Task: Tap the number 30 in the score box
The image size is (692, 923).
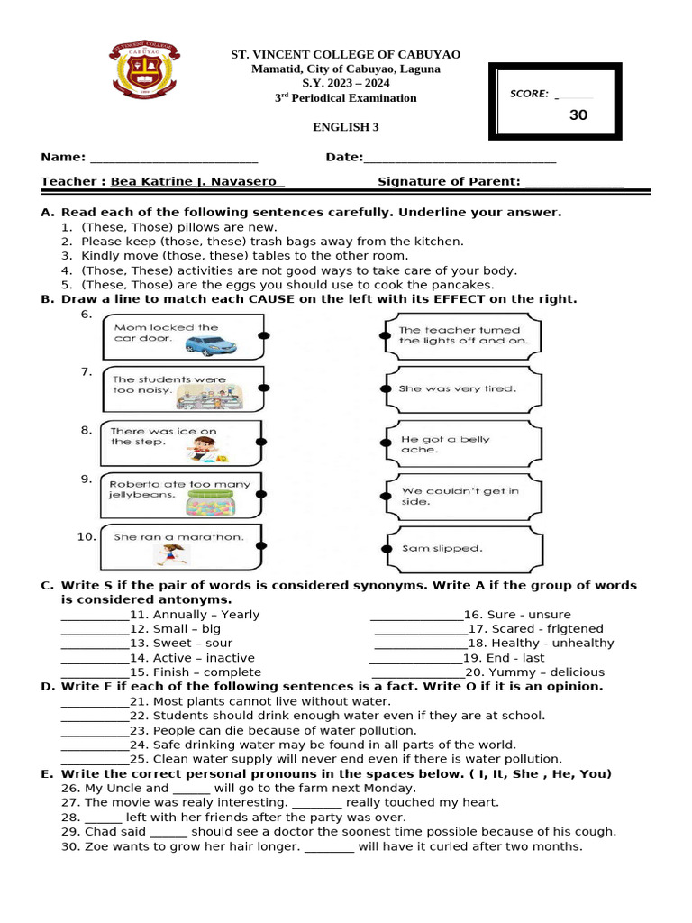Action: coord(578,115)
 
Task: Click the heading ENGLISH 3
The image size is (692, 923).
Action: coord(345,127)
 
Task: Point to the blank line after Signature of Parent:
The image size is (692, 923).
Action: coord(574,183)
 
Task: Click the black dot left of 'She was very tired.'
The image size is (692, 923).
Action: coord(385,389)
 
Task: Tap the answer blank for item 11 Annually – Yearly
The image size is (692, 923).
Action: coord(95,616)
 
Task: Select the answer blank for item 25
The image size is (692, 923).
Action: coord(95,760)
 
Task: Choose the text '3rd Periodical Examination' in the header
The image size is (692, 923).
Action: coord(345,97)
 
